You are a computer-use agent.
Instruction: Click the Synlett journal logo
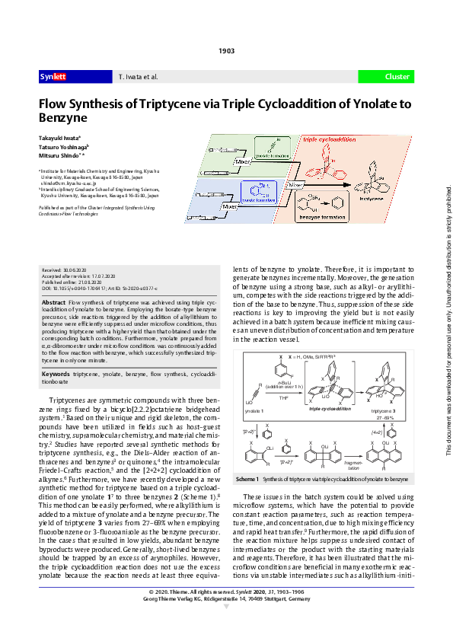[x=53, y=77]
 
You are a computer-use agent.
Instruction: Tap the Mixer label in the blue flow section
[x=228, y=206]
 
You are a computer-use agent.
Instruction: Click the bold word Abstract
[x=54, y=324]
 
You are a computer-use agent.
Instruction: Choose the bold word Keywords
[x=56, y=375]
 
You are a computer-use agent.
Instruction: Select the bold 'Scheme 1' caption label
[x=248, y=477]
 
